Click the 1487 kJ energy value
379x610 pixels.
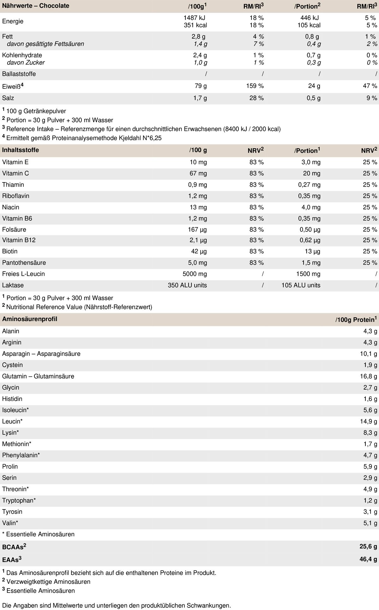click(195, 18)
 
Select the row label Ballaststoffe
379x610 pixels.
click(19, 74)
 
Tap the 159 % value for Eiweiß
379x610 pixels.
click(256, 86)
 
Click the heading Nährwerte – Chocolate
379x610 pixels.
click(36, 6)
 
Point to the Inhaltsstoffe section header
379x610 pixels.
click(21, 150)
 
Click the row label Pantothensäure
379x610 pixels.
click(24, 263)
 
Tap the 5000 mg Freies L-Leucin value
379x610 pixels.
click(195, 274)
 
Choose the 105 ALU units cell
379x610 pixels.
click(301, 285)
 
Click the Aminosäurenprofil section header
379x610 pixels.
click(30, 319)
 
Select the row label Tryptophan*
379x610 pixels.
click(19, 501)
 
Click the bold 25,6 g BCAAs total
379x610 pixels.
click(368, 546)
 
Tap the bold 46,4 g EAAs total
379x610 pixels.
click(368, 559)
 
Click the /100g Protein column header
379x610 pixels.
click(356, 319)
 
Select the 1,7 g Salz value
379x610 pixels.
click(200, 98)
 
